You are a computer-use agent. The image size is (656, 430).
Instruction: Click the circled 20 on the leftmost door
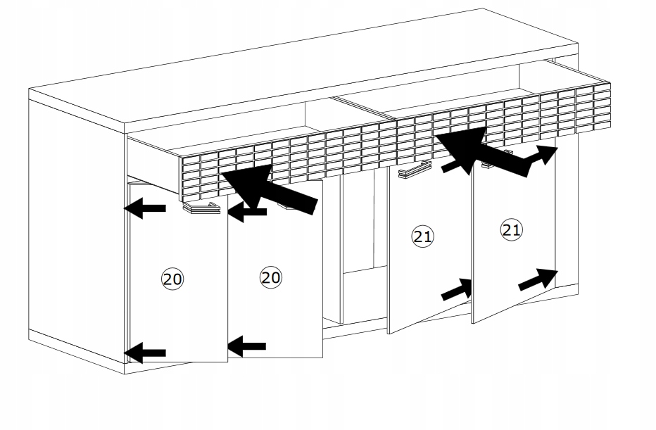172,279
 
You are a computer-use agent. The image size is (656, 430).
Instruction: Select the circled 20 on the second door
271,277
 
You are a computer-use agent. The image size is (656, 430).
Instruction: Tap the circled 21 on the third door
422,236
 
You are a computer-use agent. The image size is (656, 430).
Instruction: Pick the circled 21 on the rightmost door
511,229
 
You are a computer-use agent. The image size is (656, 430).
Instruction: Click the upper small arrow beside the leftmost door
145,208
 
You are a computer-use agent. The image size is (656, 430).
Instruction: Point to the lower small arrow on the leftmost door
145,353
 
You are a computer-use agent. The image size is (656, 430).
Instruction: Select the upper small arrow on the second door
247,212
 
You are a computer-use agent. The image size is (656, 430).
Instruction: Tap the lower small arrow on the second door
247,346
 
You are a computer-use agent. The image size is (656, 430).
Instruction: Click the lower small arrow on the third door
457,289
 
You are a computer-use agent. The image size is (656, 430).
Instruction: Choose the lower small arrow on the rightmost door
538,279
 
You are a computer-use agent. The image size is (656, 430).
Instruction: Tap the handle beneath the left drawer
201,208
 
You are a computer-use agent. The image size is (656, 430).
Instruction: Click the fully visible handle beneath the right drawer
415,169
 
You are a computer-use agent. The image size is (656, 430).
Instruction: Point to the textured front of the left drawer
289,160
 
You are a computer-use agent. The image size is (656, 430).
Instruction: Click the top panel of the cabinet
303,67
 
